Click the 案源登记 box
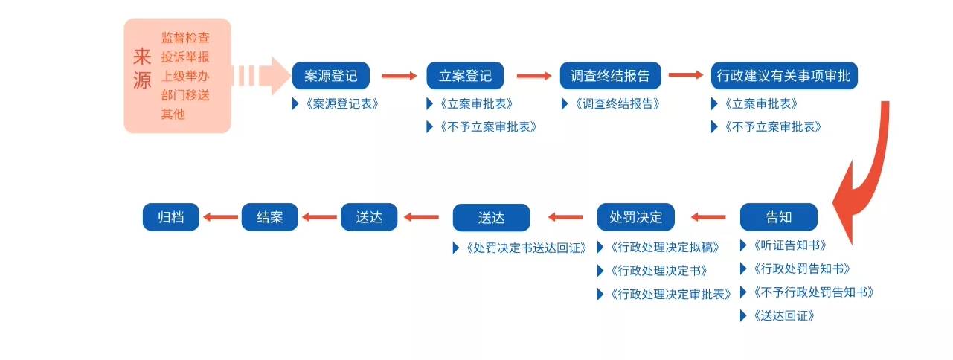point(331,76)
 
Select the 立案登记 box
point(465,76)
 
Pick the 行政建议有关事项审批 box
point(783,76)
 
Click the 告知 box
point(778,217)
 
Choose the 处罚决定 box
point(635,217)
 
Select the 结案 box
point(270,217)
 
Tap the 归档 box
point(171,217)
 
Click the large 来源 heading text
point(141,68)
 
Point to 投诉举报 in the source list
point(185,57)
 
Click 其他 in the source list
point(173,115)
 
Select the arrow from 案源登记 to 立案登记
point(400,76)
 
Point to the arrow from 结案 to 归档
point(220,217)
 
